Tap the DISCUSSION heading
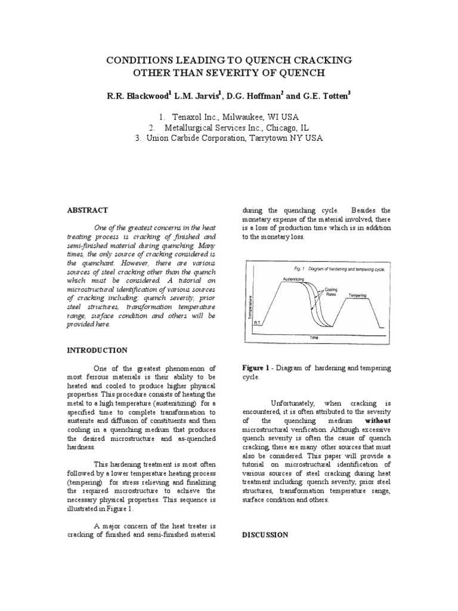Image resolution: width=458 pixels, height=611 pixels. point(265,535)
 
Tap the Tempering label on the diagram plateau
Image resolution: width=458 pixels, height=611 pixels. point(358,295)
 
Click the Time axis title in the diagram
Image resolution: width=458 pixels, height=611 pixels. point(314,337)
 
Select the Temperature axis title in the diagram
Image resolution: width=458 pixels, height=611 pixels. point(252,308)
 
